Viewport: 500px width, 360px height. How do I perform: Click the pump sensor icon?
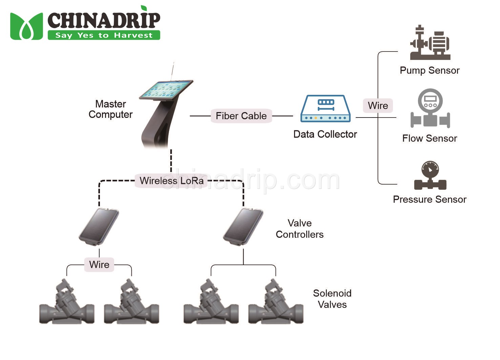point(430,43)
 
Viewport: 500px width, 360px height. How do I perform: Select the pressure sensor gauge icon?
point(430,175)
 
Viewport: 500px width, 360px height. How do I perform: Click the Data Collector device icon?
point(325,109)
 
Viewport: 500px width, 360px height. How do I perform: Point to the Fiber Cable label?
point(241,116)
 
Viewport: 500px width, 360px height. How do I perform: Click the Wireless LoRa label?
point(171,181)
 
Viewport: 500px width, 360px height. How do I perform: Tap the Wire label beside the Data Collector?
point(378,105)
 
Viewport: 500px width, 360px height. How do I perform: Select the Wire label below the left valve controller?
point(99,264)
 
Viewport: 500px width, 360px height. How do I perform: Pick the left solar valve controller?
point(99,226)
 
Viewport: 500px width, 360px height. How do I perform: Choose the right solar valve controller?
point(243,226)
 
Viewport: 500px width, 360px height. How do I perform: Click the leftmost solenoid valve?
point(67,303)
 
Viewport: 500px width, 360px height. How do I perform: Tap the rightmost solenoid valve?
point(276,303)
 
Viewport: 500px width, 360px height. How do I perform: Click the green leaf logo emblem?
point(26,26)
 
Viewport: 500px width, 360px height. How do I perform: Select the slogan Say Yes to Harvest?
point(104,35)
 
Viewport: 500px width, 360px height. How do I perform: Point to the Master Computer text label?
point(110,109)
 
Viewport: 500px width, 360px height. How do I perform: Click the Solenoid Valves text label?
point(332,299)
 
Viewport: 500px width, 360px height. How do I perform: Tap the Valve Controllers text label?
point(299,229)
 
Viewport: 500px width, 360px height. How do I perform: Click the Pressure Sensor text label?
point(430,199)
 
